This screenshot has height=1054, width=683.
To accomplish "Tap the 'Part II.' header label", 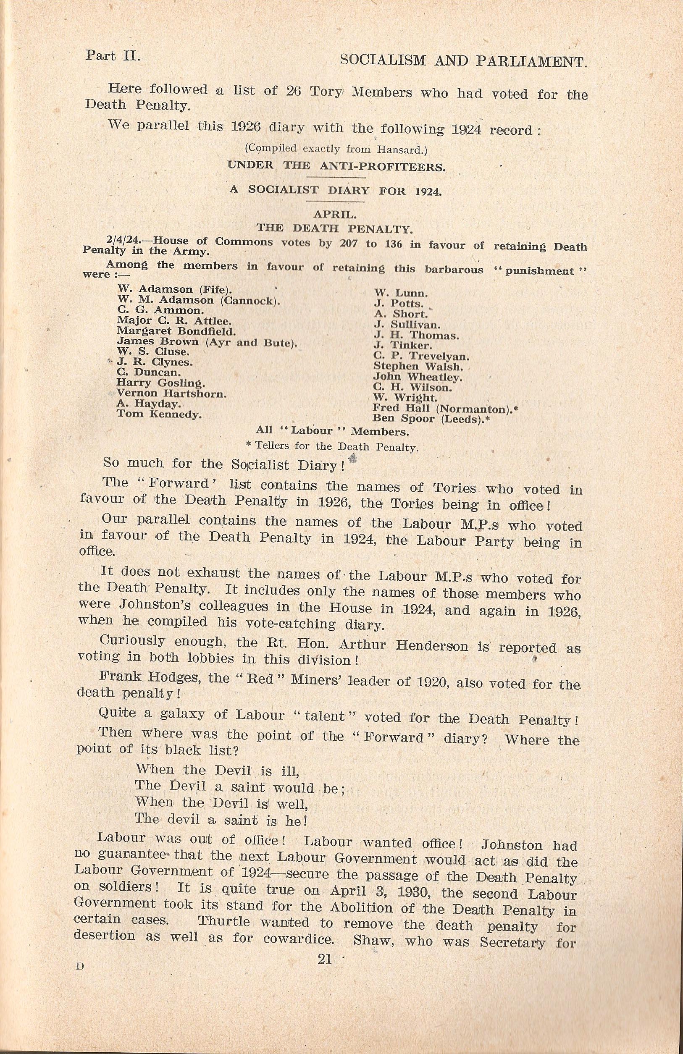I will [113, 56].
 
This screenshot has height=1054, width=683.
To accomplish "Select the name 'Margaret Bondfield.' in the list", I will [176, 331].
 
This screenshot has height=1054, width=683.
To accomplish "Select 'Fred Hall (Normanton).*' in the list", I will [446, 408].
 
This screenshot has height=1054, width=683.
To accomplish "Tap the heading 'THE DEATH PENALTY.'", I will [335, 229].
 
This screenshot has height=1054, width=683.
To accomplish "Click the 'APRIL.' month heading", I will [335, 215].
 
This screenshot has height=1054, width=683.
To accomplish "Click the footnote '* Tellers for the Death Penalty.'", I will [332, 447].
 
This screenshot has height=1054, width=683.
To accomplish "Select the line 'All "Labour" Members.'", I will [332, 430].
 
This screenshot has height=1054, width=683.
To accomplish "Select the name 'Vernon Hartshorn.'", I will [172, 394].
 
